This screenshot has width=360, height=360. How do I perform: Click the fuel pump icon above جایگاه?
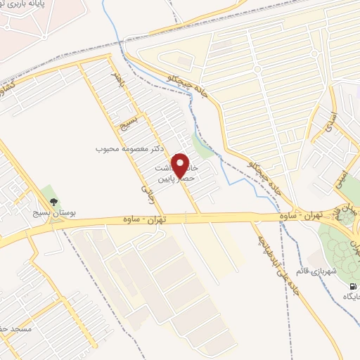[x=352, y=286]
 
